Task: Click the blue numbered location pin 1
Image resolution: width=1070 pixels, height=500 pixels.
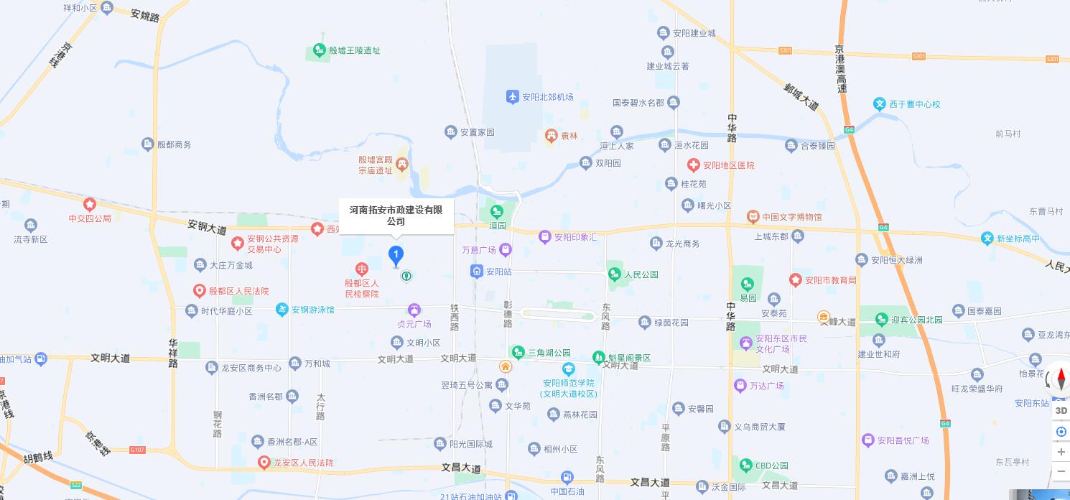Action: (x=396, y=254)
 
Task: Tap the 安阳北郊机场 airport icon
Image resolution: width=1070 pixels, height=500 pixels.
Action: (x=512, y=97)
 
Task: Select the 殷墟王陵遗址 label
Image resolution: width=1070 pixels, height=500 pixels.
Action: (x=354, y=51)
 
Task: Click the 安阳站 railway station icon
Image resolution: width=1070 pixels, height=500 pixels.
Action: (x=477, y=272)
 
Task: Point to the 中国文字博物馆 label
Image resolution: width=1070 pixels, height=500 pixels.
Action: (x=791, y=217)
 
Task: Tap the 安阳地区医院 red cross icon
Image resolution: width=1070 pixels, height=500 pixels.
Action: (x=693, y=165)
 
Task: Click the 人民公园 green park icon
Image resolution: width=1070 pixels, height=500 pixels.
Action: (x=614, y=274)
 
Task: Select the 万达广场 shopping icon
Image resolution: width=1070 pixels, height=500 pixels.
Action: (x=740, y=386)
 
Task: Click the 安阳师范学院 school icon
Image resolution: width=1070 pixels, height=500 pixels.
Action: (x=568, y=370)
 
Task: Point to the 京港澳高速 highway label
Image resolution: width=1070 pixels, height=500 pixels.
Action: (x=840, y=69)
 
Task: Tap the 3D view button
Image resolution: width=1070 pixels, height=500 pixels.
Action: (x=1061, y=411)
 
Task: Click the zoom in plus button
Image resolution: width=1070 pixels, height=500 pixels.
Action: (x=1061, y=452)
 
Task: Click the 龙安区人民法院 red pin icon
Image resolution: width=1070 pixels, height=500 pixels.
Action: (x=264, y=463)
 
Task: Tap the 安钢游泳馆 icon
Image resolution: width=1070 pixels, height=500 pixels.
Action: (x=282, y=310)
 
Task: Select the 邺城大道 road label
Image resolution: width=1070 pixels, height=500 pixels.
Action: (x=801, y=98)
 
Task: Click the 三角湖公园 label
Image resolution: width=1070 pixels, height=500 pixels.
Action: (x=549, y=353)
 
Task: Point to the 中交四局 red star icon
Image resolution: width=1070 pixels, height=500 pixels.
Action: (x=90, y=205)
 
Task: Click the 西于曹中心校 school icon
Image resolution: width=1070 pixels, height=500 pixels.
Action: (x=880, y=104)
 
